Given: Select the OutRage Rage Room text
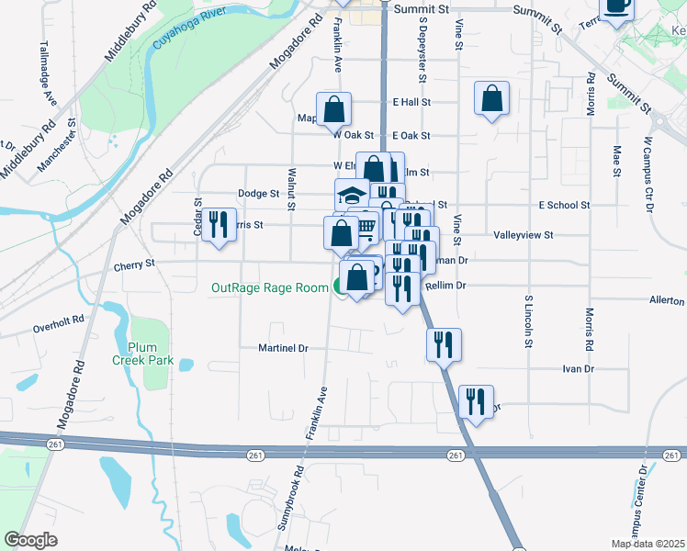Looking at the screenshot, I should point(269,287).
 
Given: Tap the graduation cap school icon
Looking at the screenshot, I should point(350,195).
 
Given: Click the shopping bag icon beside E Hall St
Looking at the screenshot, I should point(491,98).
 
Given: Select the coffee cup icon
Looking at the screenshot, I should point(616,7).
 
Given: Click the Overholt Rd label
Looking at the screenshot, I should point(59,326).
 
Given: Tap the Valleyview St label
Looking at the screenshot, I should point(523,235).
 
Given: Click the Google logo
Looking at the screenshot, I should point(30,539).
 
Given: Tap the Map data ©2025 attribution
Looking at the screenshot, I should point(647,544).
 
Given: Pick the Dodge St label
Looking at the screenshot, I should point(258,194).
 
